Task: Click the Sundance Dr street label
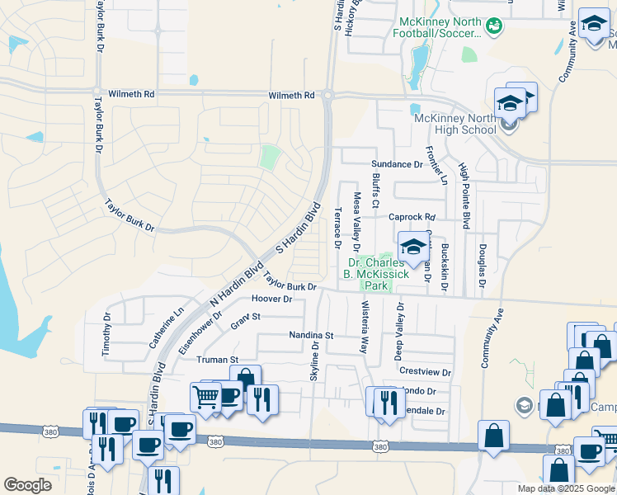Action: coord(397,164)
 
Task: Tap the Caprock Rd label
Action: coord(412,217)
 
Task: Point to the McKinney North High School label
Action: coord(456,124)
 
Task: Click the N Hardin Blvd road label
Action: coord(236,285)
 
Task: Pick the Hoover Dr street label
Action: coord(272,299)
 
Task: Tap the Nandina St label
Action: coord(310,336)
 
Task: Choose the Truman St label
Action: coord(216,360)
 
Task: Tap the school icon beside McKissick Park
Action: coord(413,247)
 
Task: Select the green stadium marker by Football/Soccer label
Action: coord(494,26)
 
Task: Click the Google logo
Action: coord(27,485)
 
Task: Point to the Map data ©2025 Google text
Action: coord(565,488)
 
